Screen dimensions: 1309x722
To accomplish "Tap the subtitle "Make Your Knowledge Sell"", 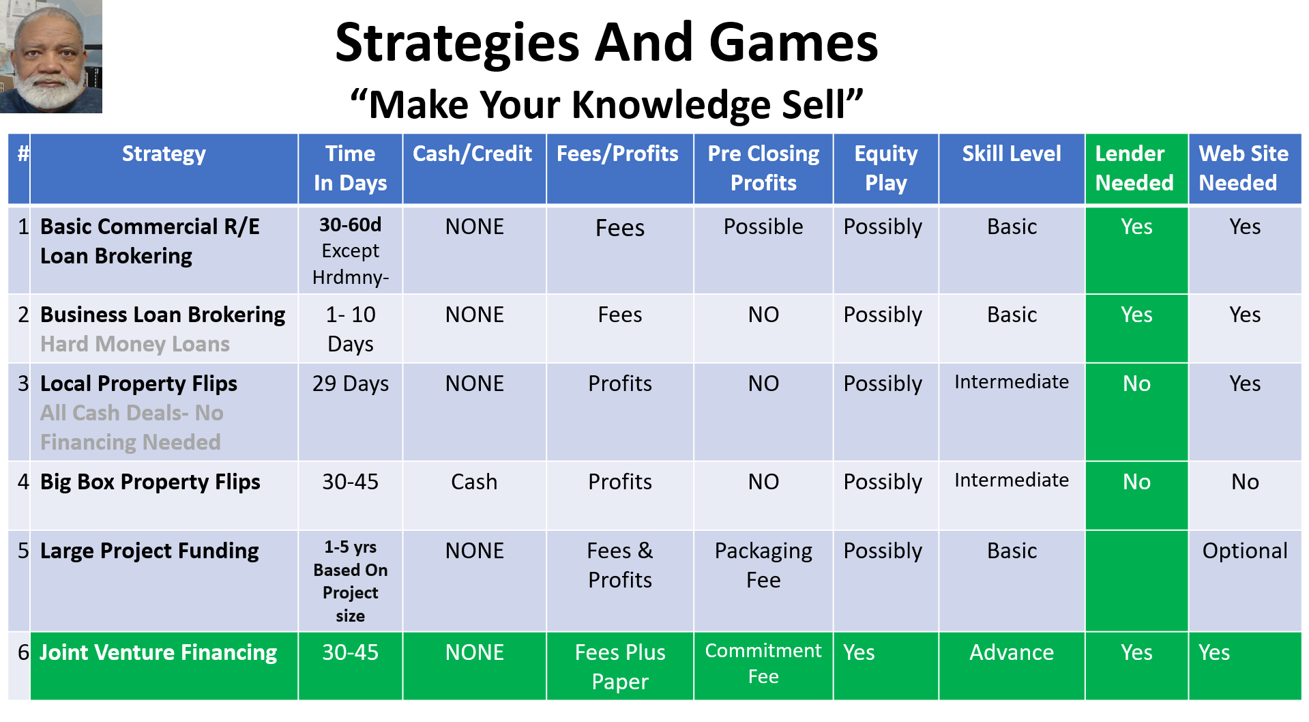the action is click(606, 104).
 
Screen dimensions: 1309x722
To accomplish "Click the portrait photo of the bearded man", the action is click(51, 56).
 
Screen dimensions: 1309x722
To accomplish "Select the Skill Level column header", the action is click(1012, 154).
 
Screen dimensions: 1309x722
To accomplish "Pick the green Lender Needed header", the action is click(1136, 169).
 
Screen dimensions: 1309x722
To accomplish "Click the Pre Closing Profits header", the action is click(763, 169).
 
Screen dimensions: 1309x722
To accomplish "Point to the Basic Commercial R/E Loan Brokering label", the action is click(150, 241).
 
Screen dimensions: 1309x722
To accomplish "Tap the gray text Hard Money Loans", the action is click(135, 344).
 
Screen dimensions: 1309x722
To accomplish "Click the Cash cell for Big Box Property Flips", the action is click(474, 482).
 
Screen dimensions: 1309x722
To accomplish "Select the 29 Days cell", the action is click(351, 384).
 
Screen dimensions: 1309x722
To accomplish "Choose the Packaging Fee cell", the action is click(763, 565).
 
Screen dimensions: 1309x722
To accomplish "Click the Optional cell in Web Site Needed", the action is click(1245, 551).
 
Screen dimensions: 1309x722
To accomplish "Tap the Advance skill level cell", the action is click(1012, 652).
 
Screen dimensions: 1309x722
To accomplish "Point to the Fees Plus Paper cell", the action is click(620, 667).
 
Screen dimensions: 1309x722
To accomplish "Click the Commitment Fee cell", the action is click(763, 663).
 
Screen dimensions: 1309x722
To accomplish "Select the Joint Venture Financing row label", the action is click(158, 652).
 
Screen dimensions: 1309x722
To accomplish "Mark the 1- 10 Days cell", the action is click(351, 329).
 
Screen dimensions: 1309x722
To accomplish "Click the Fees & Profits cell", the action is click(620, 565).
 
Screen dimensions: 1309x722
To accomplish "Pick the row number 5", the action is click(23, 551).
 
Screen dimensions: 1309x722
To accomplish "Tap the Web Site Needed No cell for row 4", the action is click(1245, 482).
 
